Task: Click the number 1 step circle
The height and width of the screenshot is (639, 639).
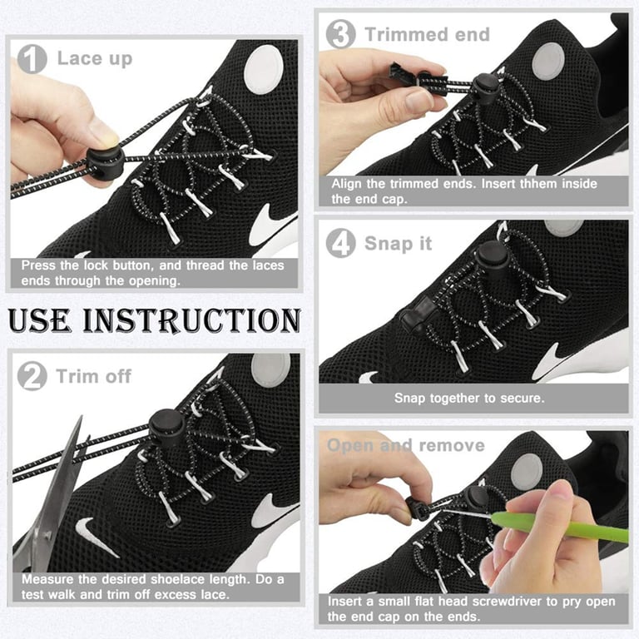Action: click(32, 58)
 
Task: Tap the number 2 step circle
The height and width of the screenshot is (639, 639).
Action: click(32, 376)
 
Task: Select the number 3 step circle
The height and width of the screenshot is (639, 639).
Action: click(340, 35)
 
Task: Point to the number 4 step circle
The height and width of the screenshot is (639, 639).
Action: click(340, 244)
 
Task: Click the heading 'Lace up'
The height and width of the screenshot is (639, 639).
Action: click(94, 58)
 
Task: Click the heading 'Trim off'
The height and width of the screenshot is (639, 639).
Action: click(94, 376)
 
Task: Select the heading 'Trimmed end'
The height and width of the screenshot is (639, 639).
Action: click(427, 35)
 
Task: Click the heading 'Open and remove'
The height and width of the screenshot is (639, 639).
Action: click(405, 445)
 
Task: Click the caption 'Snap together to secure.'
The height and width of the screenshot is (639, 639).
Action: click(469, 399)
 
